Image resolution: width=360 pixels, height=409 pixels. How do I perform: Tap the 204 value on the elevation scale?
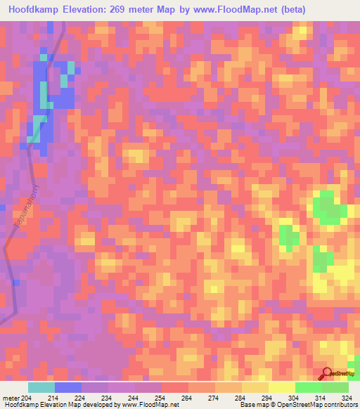click(25, 398)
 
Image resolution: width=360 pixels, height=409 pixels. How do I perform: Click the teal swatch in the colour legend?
click(41, 387)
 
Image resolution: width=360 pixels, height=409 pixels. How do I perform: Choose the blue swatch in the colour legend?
click(68, 387)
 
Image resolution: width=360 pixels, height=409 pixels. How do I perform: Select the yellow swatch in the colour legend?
click(282, 387)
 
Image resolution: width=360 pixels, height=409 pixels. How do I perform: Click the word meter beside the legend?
click(10, 398)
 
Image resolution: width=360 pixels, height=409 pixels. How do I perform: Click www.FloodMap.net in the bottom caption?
click(150, 405)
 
